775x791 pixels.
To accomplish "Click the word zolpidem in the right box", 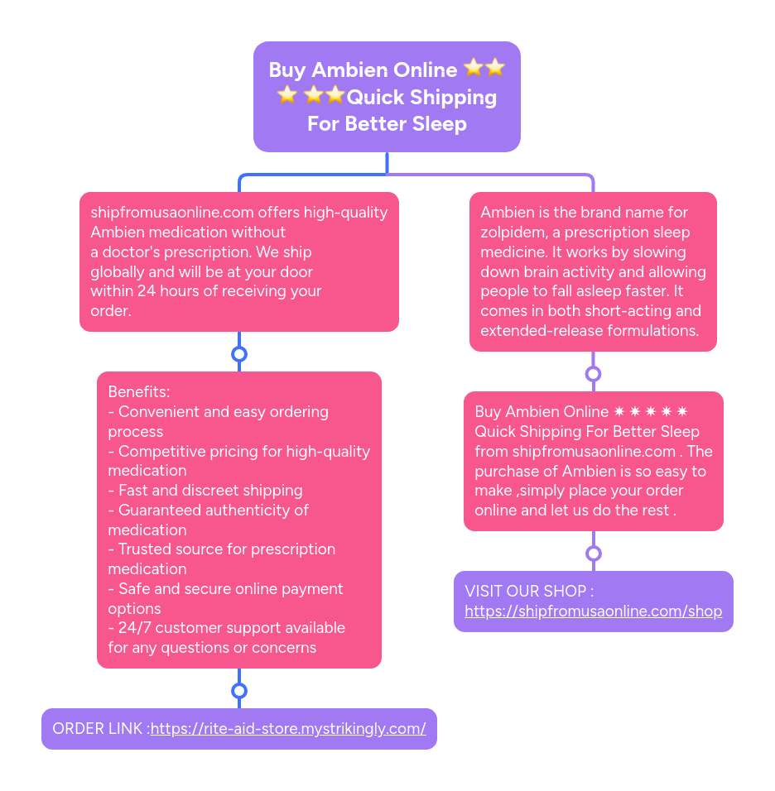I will pos(513,233).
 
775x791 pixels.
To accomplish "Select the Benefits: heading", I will pos(138,391).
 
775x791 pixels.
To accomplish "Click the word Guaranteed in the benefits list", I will pos(159,511).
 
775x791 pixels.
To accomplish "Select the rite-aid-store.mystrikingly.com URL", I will pos(288,729).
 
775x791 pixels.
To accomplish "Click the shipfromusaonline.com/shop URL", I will pos(593,611).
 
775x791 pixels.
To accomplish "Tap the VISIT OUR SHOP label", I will pos(529,592).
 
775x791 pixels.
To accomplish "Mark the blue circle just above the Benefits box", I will pos(239,354).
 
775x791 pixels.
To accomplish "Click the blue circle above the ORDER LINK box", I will pos(239,691).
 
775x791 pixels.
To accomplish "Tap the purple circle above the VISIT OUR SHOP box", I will pos(593,554).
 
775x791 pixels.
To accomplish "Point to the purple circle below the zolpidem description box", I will pos(593,374).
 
